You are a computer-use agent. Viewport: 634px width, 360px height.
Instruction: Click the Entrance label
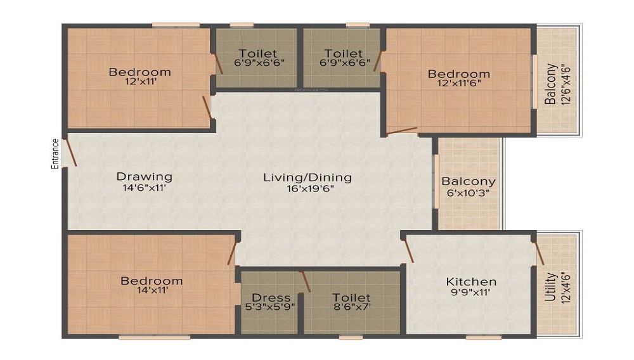(55, 153)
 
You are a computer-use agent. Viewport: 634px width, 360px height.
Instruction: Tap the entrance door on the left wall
(71, 152)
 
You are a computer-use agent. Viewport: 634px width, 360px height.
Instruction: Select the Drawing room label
(145, 177)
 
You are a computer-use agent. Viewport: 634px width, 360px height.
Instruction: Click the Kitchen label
(471, 281)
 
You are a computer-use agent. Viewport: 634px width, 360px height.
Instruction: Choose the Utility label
(550, 287)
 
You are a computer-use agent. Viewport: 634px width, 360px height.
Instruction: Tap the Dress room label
(271, 297)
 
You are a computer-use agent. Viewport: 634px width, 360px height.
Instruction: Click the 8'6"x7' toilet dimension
(351, 307)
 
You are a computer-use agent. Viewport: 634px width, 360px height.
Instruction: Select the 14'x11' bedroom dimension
(152, 290)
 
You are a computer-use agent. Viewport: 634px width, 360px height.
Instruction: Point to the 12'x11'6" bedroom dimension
(459, 83)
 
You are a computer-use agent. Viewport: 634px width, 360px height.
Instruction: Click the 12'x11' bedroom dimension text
(141, 81)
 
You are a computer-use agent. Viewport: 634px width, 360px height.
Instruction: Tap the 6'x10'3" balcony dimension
(469, 193)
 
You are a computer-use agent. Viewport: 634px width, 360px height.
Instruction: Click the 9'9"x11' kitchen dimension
(471, 292)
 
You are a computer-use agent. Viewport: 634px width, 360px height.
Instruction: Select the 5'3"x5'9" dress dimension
(270, 307)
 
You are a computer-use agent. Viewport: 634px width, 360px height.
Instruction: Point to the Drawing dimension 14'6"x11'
(145, 188)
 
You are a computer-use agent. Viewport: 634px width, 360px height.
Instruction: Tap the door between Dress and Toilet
(306, 281)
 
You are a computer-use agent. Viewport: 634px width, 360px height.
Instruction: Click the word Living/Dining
(307, 177)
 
